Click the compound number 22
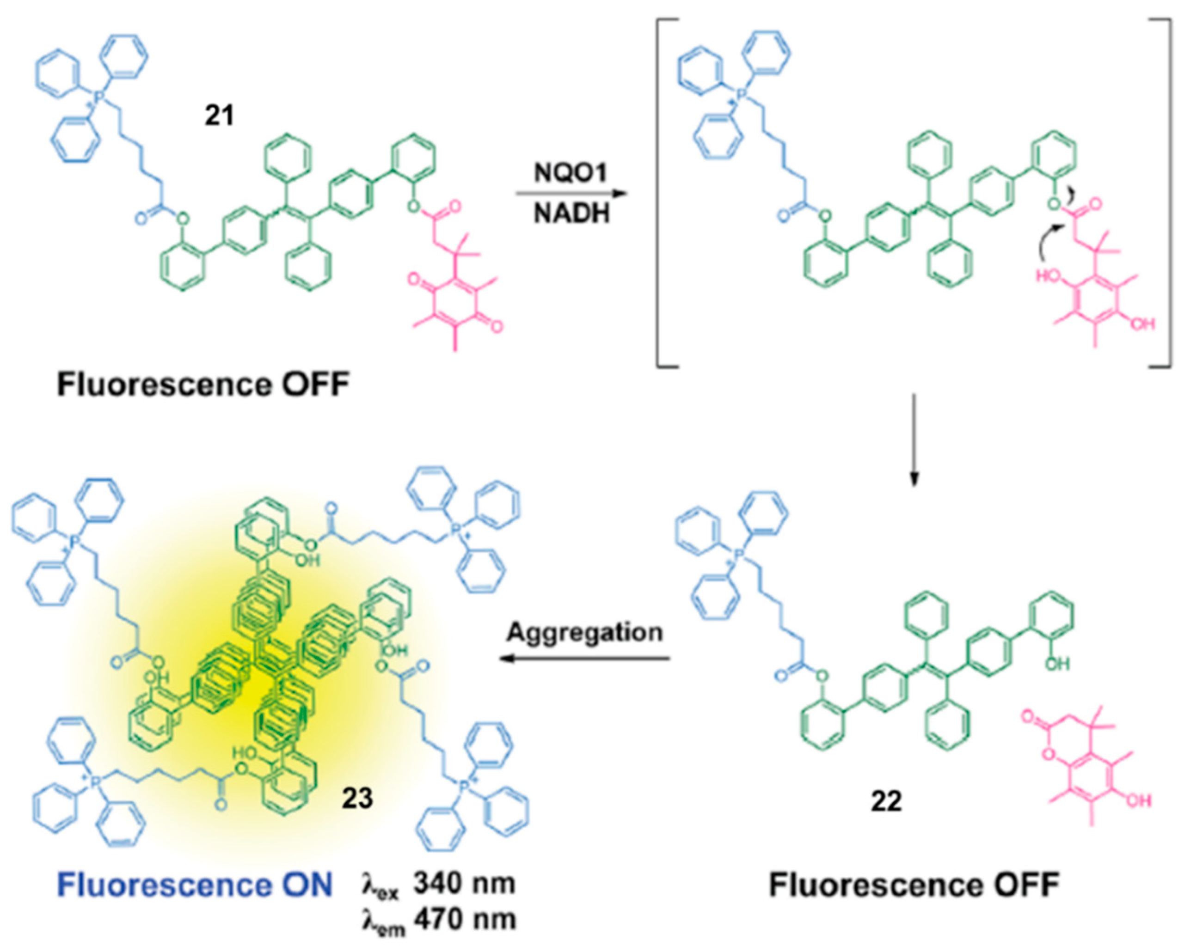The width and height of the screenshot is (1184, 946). pos(886,802)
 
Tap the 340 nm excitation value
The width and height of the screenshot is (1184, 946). pos(464,884)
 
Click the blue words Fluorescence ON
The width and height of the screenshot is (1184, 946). pos(195,885)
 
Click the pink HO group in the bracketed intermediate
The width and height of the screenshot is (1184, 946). pos(1046,275)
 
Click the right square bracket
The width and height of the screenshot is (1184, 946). pos(1167,192)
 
